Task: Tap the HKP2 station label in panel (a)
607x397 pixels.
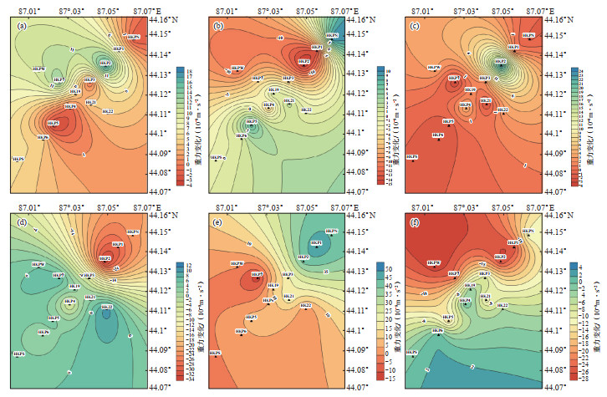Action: pos(104,62)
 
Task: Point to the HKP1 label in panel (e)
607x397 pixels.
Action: pos(317,242)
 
